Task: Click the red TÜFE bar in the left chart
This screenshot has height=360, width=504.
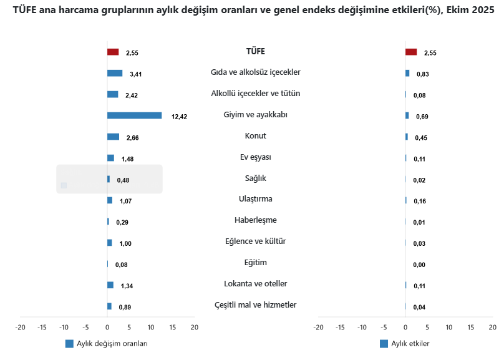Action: tap(113, 52)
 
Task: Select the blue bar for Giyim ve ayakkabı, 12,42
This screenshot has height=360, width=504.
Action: tap(134, 115)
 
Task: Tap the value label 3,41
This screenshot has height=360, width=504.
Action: tap(136, 74)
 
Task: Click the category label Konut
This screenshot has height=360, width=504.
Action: tap(256, 136)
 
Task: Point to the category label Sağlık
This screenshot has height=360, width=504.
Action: tap(256, 178)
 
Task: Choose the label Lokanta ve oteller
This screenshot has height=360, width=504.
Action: tap(256, 284)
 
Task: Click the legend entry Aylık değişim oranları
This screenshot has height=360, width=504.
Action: tap(107, 344)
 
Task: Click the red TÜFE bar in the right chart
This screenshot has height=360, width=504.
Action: tap(411, 52)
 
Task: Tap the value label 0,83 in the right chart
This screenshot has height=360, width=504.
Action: tap(422, 74)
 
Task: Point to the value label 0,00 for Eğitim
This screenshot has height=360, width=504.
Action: tap(419, 265)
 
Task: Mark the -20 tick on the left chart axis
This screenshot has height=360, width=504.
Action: tap(20, 327)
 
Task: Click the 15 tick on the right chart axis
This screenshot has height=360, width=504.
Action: tap(471, 327)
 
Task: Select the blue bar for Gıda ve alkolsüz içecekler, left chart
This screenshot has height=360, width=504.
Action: tap(115, 74)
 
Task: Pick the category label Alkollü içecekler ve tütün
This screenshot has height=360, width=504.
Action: tap(256, 94)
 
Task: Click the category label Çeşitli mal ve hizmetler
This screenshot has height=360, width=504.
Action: tap(256, 305)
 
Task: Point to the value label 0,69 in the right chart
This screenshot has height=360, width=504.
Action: tap(422, 117)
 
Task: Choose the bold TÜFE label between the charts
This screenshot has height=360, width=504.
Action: tap(256, 51)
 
